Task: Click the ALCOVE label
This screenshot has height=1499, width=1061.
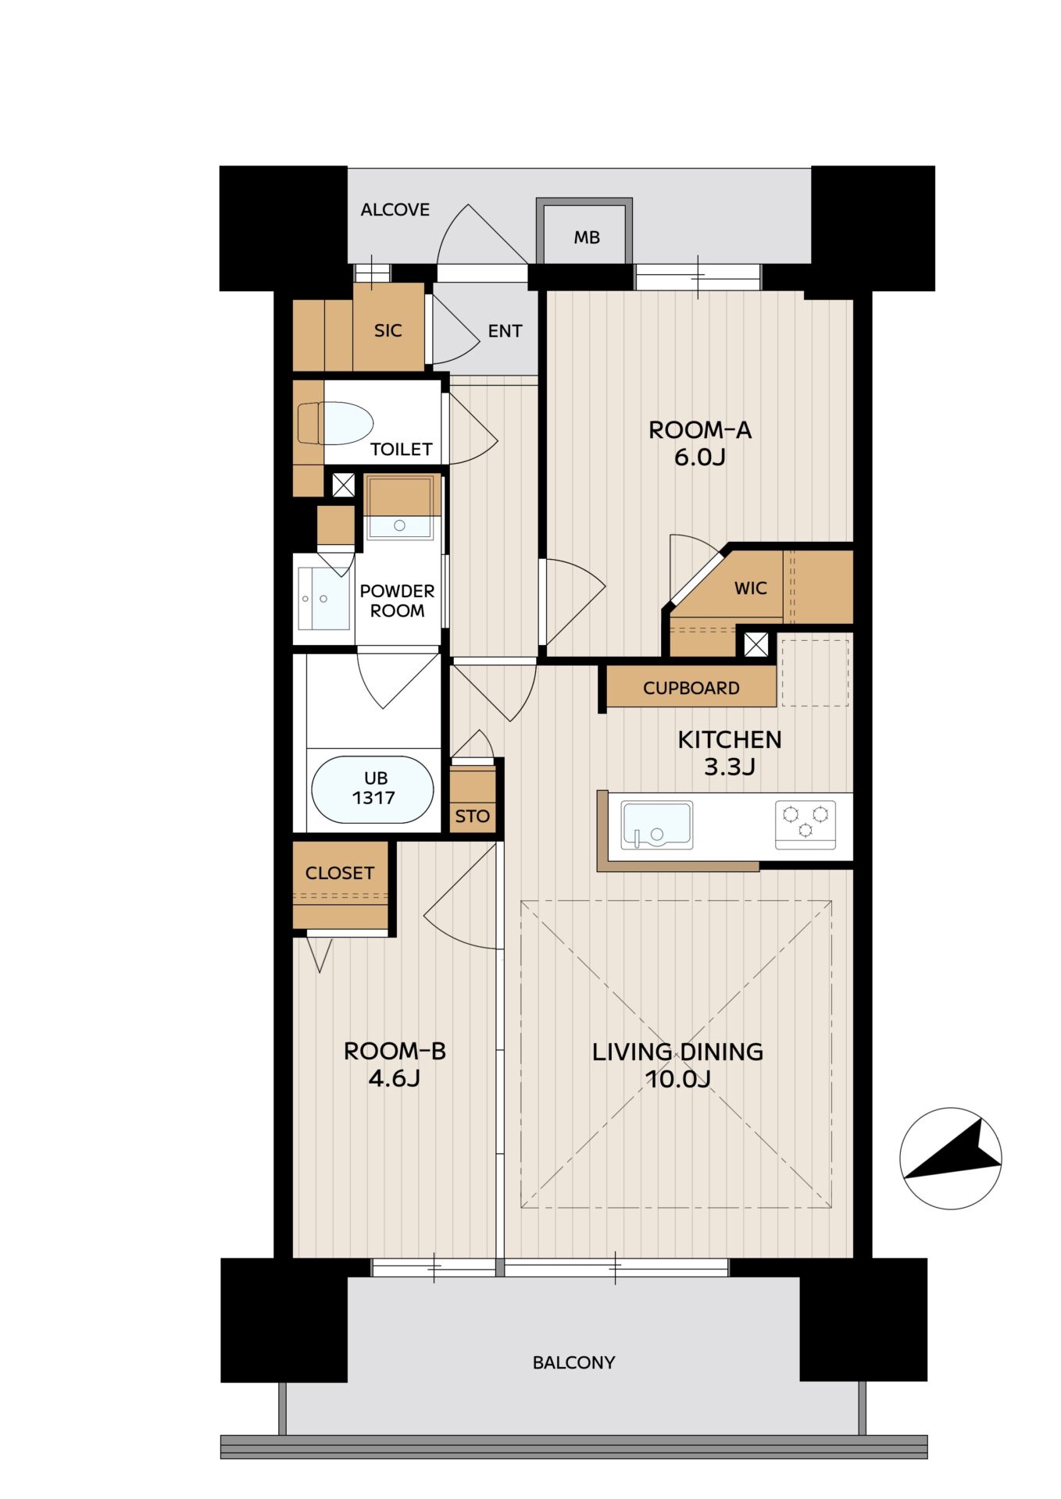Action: coord(395,209)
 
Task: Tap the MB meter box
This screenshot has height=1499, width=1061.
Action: coord(584,232)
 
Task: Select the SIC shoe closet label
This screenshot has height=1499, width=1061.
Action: coord(388,330)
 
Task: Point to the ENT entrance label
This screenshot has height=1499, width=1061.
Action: coord(505,331)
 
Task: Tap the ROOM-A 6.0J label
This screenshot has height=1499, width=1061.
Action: coord(700,443)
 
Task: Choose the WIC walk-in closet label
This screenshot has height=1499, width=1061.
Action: coord(751,588)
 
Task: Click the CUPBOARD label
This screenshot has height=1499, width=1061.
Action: coord(691,688)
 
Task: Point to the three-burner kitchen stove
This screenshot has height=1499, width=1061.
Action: coord(805,824)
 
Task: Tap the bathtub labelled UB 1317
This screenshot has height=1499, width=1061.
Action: coord(372,789)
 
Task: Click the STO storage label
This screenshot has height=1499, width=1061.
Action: coord(473,817)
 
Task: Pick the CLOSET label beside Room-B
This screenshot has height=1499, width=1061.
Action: coord(340,873)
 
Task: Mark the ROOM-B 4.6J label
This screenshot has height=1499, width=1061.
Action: coord(395,1064)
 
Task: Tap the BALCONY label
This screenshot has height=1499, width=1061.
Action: coord(573,1363)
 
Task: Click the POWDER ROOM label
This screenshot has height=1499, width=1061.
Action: coord(397,601)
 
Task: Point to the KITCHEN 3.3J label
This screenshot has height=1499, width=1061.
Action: coord(730,753)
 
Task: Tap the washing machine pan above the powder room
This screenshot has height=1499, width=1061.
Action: coord(399,507)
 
